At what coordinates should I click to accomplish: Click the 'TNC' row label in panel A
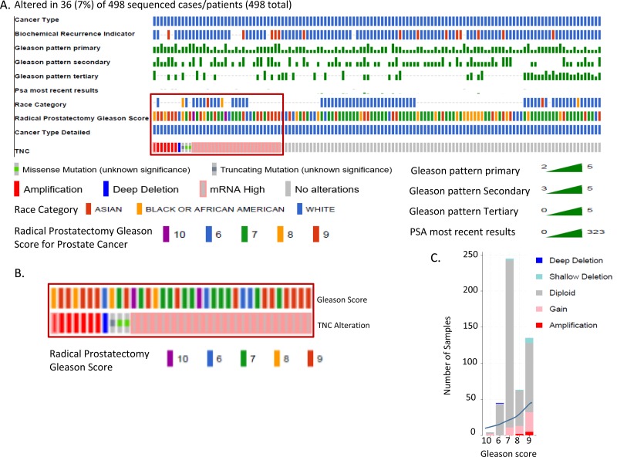point(23,146)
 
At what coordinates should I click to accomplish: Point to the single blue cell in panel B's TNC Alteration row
point(104,324)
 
